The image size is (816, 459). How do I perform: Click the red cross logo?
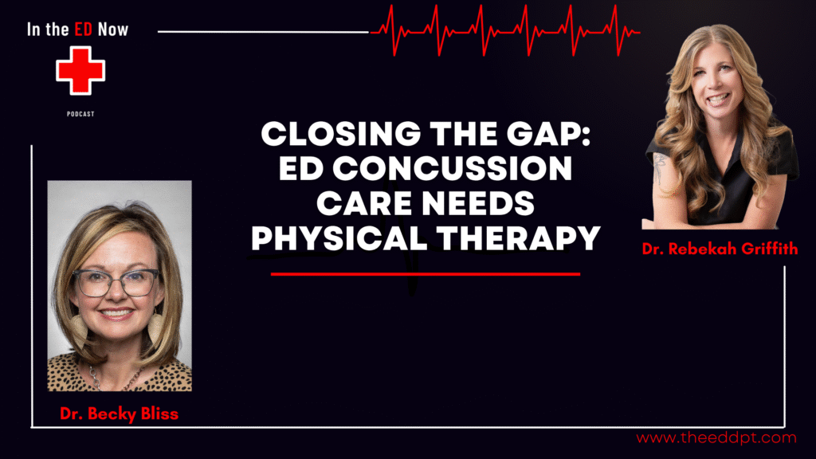click(80, 71)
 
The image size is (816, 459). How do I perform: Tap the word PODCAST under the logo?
click(80, 114)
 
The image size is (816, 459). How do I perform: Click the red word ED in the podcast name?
click(83, 29)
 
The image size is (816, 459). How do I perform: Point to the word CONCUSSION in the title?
click(453, 169)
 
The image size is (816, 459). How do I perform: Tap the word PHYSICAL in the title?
click(339, 238)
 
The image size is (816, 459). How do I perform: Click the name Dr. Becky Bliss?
click(120, 414)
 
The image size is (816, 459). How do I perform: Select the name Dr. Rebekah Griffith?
click(720, 249)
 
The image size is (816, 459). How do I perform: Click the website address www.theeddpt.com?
click(716, 438)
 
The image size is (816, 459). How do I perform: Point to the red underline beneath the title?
click(426, 274)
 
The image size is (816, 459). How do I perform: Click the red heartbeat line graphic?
click(504, 30)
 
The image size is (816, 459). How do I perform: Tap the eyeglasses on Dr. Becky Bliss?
click(116, 283)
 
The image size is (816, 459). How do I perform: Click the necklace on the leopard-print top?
click(116, 378)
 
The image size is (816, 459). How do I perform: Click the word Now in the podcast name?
click(113, 29)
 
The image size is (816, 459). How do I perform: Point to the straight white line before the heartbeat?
click(263, 32)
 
